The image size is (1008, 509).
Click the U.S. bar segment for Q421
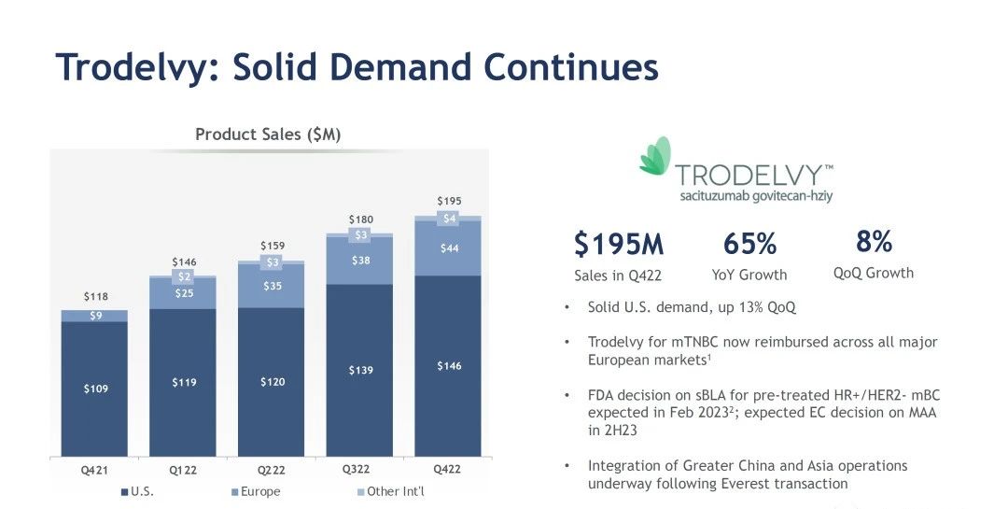coord(94,388)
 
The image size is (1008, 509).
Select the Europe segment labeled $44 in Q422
coord(449,248)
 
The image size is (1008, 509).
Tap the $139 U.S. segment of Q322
coord(360,371)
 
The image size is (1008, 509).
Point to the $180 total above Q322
coord(360,219)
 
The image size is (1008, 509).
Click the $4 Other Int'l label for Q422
coord(449,219)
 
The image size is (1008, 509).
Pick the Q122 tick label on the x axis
coord(183,471)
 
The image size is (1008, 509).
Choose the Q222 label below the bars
coord(272,471)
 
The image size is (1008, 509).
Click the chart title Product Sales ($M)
coord(268,134)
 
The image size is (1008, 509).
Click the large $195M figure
coord(619,244)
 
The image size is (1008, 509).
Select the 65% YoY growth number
coord(749,244)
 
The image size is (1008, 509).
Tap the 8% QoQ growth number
coord(874,242)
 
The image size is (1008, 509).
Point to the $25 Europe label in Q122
coord(183,294)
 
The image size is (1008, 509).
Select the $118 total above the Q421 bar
coord(96,297)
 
